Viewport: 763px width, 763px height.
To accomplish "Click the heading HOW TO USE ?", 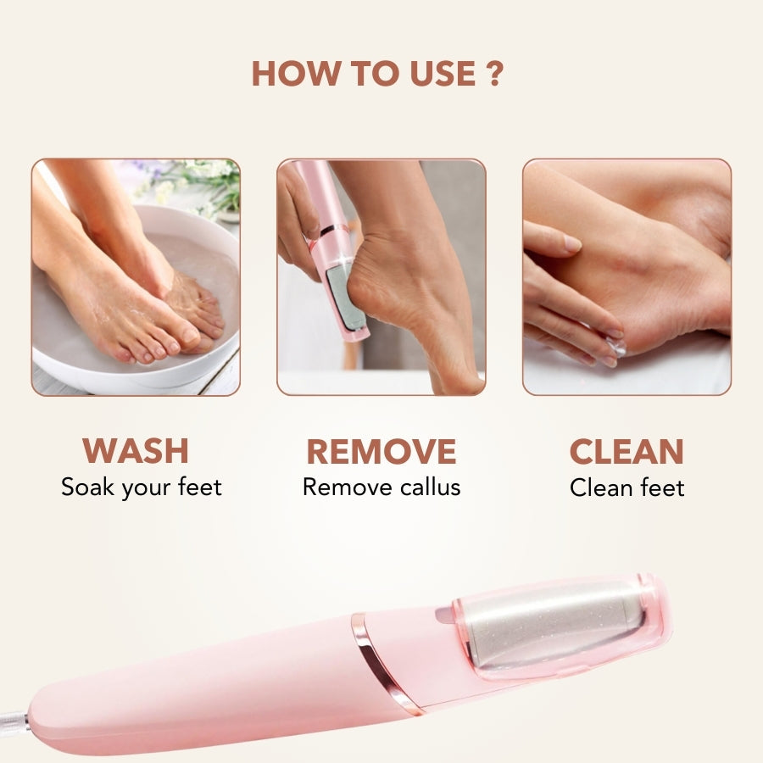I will click(x=377, y=74).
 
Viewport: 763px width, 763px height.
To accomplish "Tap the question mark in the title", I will click(x=495, y=74).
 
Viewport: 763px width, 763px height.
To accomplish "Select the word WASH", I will click(x=136, y=451).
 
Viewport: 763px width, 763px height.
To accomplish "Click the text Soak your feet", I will click(x=141, y=487).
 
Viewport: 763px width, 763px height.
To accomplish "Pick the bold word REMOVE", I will click(x=381, y=452).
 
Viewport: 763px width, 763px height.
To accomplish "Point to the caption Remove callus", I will click(x=381, y=487).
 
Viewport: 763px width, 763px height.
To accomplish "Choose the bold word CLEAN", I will click(x=627, y=452).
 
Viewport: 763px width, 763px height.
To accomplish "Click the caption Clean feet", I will click(x=627, y=487).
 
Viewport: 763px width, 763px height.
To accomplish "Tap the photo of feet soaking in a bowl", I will click(x=136, y=276).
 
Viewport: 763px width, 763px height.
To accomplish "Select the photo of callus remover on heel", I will click(x=381, y=276).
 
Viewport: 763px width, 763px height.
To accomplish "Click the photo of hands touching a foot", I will click(x=627, y=276).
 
